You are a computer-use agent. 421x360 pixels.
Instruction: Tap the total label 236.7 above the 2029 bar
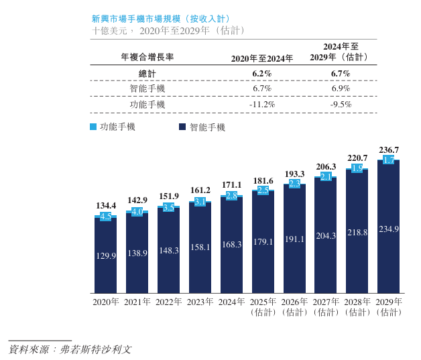click(x=389, y=150)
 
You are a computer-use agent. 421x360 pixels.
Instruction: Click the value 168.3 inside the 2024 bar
click(x=231, y=245)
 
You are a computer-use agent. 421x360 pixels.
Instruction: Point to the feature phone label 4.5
click(x=105, y=217)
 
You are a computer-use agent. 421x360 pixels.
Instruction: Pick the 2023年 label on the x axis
click(x=200, y=302)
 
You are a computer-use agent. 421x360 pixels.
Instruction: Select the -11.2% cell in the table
click(x=262, y=105)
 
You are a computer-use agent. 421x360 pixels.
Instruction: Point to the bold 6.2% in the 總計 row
click(x=262, y=72)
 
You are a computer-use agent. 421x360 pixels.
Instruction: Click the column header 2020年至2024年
click(x=262, y=58)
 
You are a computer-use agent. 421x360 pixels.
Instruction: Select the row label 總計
click(x=147, y=72)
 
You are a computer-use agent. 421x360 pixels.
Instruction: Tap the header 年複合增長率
click(x=147, y=58)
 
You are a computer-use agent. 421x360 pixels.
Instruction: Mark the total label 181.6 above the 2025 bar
click(x=263, y=181)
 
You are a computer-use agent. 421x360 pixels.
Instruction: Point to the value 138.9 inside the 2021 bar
click(x=137, y=253)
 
